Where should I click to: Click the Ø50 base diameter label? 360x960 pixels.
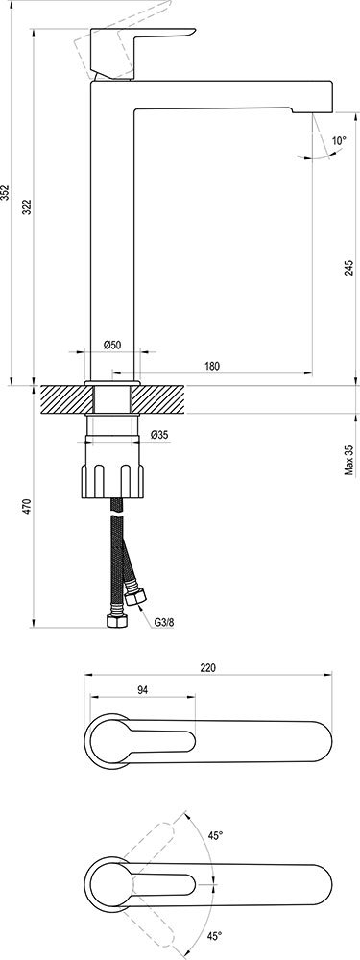[x=112, y=345]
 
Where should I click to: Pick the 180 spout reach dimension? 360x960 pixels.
[x=211, y=366]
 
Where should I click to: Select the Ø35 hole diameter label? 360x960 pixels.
[x=159, y=436]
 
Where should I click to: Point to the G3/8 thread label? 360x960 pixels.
[x=165, y=621]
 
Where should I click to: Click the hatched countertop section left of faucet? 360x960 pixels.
[x=62, y=399]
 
